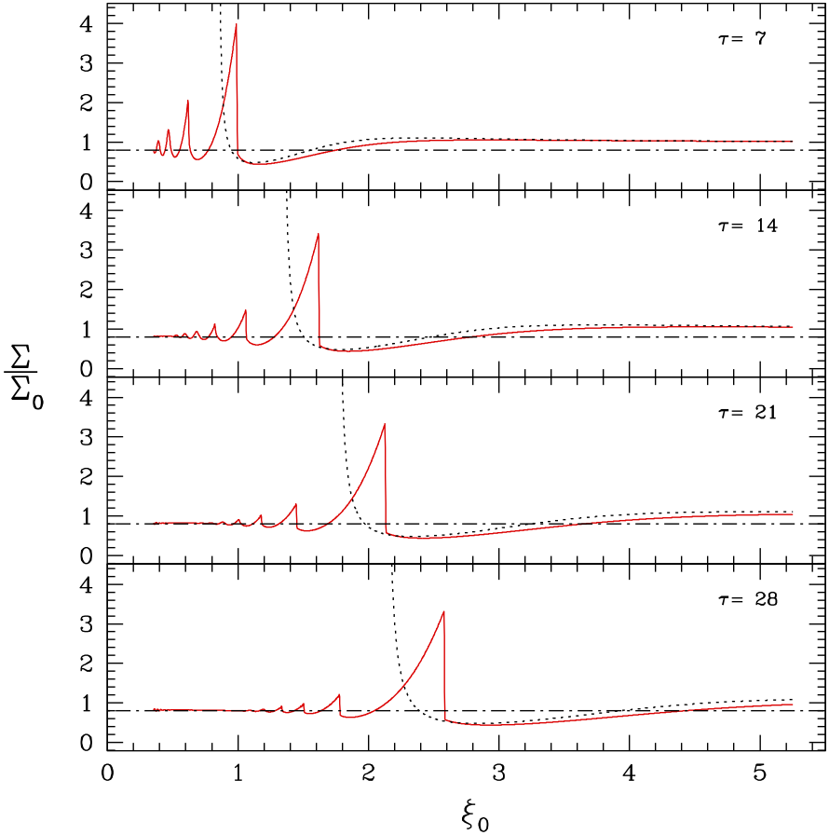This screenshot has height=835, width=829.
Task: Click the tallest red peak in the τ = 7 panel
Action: tap(237, 25)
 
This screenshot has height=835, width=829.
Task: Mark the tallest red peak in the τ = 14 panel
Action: tap(319, 234)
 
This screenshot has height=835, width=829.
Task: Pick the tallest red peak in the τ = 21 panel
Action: tap(384, 425)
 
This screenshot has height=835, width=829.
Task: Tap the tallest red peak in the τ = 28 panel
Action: tap(443, 612)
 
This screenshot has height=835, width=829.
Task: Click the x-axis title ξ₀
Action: tap(475, 815)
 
